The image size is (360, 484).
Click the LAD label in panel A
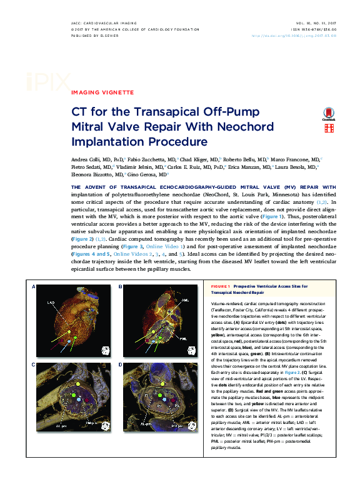click(x=51, y=303)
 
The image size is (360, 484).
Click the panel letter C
click(x=33, y=363)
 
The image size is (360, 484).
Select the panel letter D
click(x=121, y=363)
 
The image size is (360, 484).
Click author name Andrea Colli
click(x=88, y=159)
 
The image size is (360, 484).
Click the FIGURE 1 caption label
click(x=221, y=286)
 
